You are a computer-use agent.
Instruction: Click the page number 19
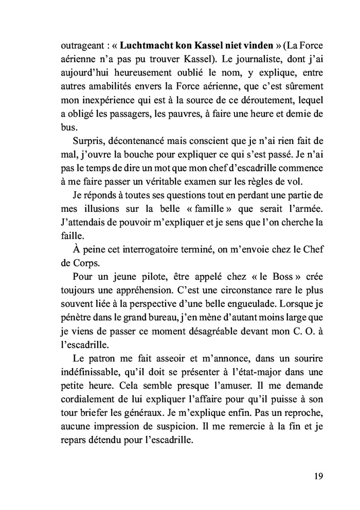(x=318, y=476)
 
